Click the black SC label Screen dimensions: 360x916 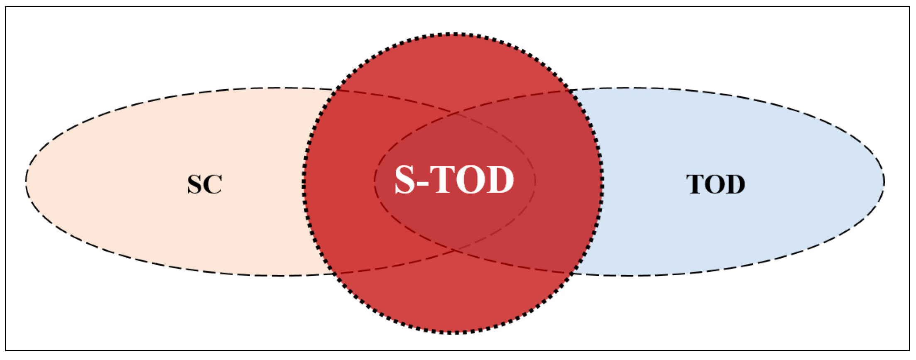click(205, 184)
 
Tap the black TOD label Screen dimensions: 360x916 click(715, 184)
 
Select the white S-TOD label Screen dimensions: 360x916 click(454, 180)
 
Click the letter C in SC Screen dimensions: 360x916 click(213, 184)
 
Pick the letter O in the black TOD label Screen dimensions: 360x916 click(715, 184)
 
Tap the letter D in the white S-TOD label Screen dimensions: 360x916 click(499, 180)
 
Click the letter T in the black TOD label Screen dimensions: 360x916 click(696, 184)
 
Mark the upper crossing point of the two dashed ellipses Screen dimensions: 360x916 click(456, 113)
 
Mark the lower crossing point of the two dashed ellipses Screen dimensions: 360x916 click(456, 250)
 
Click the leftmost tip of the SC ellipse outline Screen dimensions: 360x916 click(26, 181)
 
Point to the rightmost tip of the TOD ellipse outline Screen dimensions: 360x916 click(884, 181)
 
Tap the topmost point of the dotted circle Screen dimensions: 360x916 click(453, 34)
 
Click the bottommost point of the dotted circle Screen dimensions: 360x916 click(453, 332)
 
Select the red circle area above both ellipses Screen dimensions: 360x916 click(453, 66)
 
